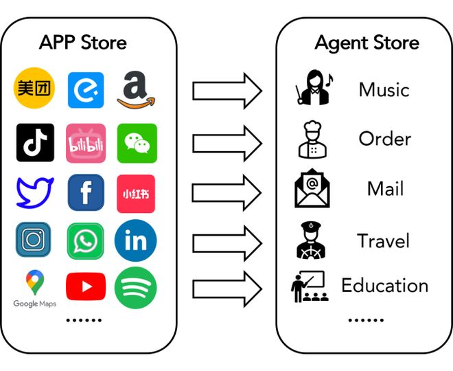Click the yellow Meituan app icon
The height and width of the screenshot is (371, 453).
point(34,88)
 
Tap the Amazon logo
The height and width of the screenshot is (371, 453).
point(136,90)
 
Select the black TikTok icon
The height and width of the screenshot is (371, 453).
point(35,142)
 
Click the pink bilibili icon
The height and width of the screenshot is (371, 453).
point(86,143)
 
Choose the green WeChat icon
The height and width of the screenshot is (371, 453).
point(137,143)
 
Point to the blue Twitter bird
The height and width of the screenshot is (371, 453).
point(35,192)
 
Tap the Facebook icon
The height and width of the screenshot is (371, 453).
point(86,192)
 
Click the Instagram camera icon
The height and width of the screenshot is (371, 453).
point(33,239)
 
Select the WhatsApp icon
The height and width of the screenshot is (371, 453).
point(86,241)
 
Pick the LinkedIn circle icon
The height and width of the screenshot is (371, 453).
point(136,240)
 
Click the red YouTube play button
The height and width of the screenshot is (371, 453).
point(86,286)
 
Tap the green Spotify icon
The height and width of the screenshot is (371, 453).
point(136,288)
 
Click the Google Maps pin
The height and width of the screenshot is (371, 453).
point(35,282)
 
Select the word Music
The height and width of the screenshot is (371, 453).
point(384,89)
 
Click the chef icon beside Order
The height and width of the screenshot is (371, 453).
point(312,139)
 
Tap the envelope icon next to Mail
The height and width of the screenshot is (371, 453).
point(312,188)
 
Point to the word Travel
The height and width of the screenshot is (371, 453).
point(384,240)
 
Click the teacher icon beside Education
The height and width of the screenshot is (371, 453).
point(310,286)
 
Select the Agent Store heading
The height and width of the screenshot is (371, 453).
point(367,43)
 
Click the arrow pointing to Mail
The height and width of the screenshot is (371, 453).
point(227,193)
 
